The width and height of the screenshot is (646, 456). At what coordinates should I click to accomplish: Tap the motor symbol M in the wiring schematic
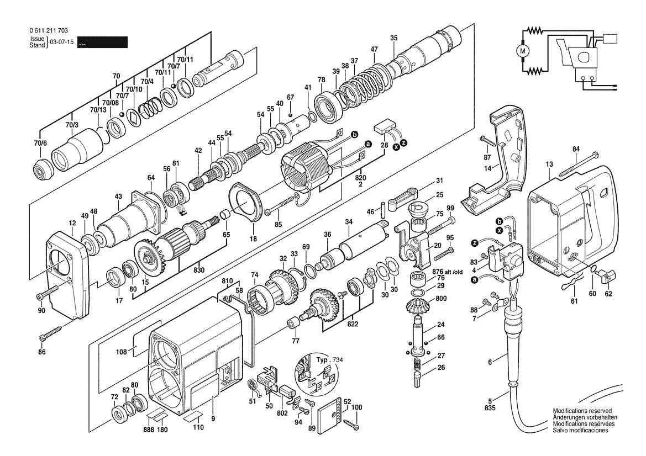522,51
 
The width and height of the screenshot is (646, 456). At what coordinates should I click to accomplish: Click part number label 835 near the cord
490,409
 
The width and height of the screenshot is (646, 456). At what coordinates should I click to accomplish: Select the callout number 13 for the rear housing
549,164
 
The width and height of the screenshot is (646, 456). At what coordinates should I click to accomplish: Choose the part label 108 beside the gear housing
120,352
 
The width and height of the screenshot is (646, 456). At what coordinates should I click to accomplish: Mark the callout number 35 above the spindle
393,38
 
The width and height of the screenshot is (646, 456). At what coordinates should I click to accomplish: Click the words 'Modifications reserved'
582,411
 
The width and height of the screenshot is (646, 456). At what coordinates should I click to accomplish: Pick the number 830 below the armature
198,270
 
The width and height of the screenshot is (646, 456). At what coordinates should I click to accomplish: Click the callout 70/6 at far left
40,143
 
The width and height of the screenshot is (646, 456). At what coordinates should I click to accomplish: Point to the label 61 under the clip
574,301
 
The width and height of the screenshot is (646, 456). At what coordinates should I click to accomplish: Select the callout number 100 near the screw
356,407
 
